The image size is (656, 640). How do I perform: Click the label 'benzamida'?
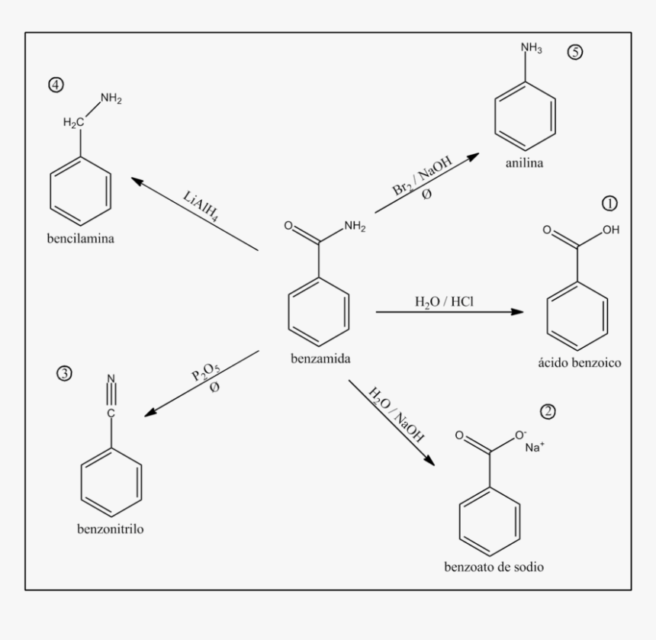pos(320,358)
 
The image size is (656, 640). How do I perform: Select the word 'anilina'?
pos(524,163)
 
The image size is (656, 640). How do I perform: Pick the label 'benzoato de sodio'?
pos(494,567)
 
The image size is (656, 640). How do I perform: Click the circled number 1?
pos(609,203)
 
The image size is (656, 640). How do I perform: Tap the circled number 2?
pos(547,411)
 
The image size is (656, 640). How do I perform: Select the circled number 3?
pos(65,374)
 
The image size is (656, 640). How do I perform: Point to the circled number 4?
pos(56,85)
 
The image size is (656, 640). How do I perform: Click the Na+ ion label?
pos(535,447)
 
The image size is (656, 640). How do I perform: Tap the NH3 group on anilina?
pos(531,49)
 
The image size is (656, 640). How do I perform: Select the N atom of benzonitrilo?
pos(111,379)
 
